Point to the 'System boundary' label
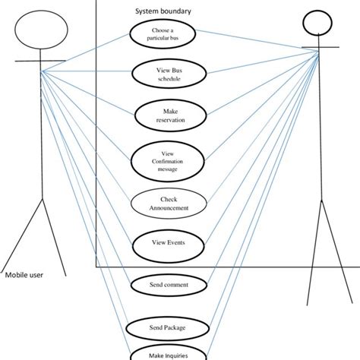point(163,11)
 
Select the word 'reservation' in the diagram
point(169,120)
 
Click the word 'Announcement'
point(169,207)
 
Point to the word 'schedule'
point(169,79)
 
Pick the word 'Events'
point(175,244)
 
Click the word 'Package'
point(174,328)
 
